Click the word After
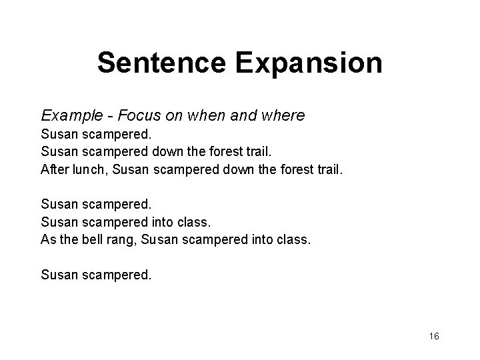pyautogui.click(x=53, y=169)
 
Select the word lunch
pyautogui.click(x=89, y=169)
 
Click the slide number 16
pyautogui.click(x=434, y=336)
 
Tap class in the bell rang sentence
pyautogui.click(x=293, y=238)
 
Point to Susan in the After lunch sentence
pyautogui.click(x=131, y=169)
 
